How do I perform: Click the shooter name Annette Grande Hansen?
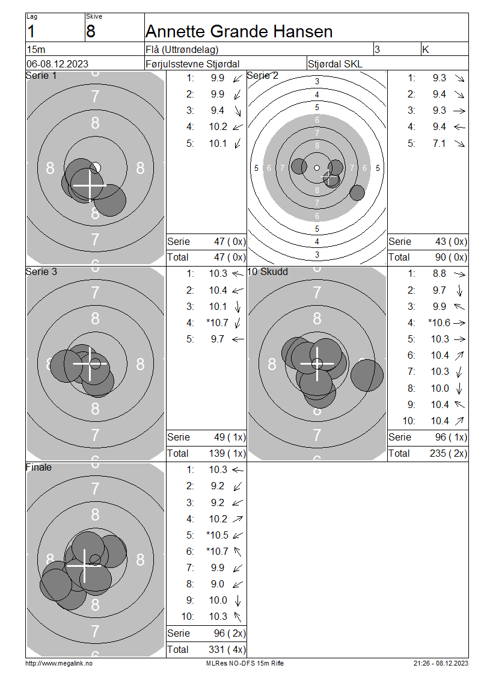239,32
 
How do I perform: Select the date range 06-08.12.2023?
57,64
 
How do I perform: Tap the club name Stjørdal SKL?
334,64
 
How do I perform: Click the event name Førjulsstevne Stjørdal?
192,64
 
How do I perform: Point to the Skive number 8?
91,32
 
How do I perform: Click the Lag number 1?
31,32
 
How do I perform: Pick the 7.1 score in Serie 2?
439,143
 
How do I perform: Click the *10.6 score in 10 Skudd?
439,323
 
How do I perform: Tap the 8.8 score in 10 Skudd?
439,274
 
